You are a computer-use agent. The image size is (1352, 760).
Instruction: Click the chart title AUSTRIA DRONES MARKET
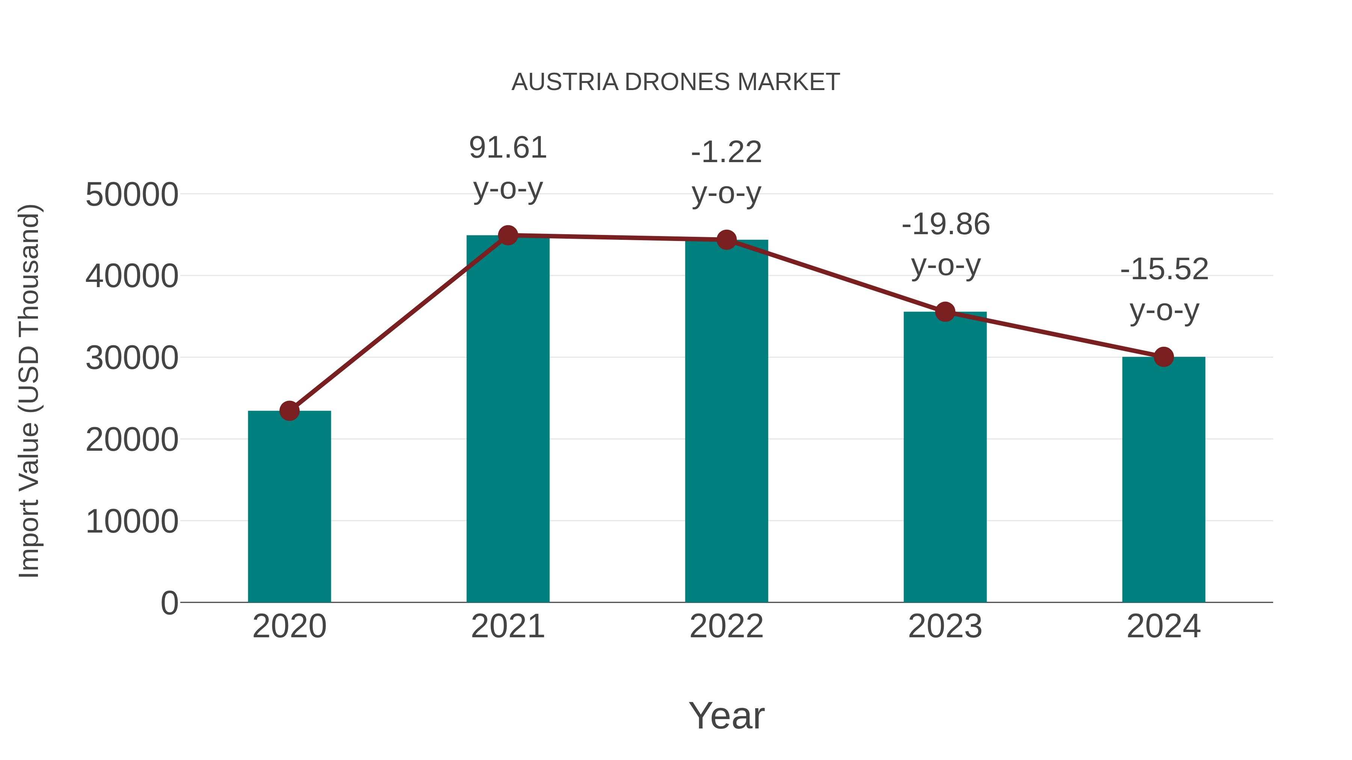tap(676, 82)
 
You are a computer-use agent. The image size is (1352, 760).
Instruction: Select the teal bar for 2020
tap(289, 506)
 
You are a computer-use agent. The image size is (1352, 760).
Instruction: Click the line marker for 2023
tap(945, 312)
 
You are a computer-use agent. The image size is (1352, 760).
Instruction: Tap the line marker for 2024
tap(1163, 357)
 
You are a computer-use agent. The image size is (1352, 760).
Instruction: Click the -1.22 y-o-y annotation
tap(726, 173)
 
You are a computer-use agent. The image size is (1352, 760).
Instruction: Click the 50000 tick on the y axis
tap(132, 195)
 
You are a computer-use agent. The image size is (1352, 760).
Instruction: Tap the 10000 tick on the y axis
tap(132, 522)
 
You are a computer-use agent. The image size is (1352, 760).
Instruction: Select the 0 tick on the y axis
tap(169, 603)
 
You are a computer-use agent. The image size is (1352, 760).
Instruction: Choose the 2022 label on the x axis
tap(726, 626)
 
